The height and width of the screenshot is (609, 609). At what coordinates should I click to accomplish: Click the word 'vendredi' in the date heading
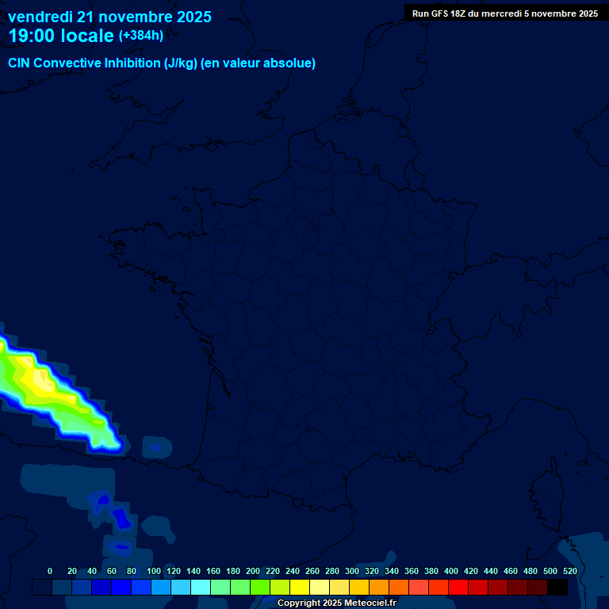coord(40,17)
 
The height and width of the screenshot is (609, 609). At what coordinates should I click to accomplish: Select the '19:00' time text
coord(31,36)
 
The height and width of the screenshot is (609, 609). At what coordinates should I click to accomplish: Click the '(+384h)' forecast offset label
coord(140,36)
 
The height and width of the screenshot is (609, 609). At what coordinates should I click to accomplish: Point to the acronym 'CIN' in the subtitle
coord(19,63)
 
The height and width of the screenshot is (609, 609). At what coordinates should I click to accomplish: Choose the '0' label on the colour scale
coord(50,572)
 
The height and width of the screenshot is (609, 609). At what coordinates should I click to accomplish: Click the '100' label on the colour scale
coord(153,572)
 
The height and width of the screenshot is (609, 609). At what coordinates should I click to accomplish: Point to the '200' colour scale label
coord(252,572)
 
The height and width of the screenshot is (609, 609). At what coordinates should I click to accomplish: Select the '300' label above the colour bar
coord(351,572)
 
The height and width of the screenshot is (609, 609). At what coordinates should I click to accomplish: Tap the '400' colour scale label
coord(450,572)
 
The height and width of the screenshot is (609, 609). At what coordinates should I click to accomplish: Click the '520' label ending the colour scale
coord(569,572)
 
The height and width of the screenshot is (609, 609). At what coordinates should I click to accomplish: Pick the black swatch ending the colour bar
coord(557,588)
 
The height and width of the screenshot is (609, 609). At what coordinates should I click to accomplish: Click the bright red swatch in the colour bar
coord(458,588)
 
